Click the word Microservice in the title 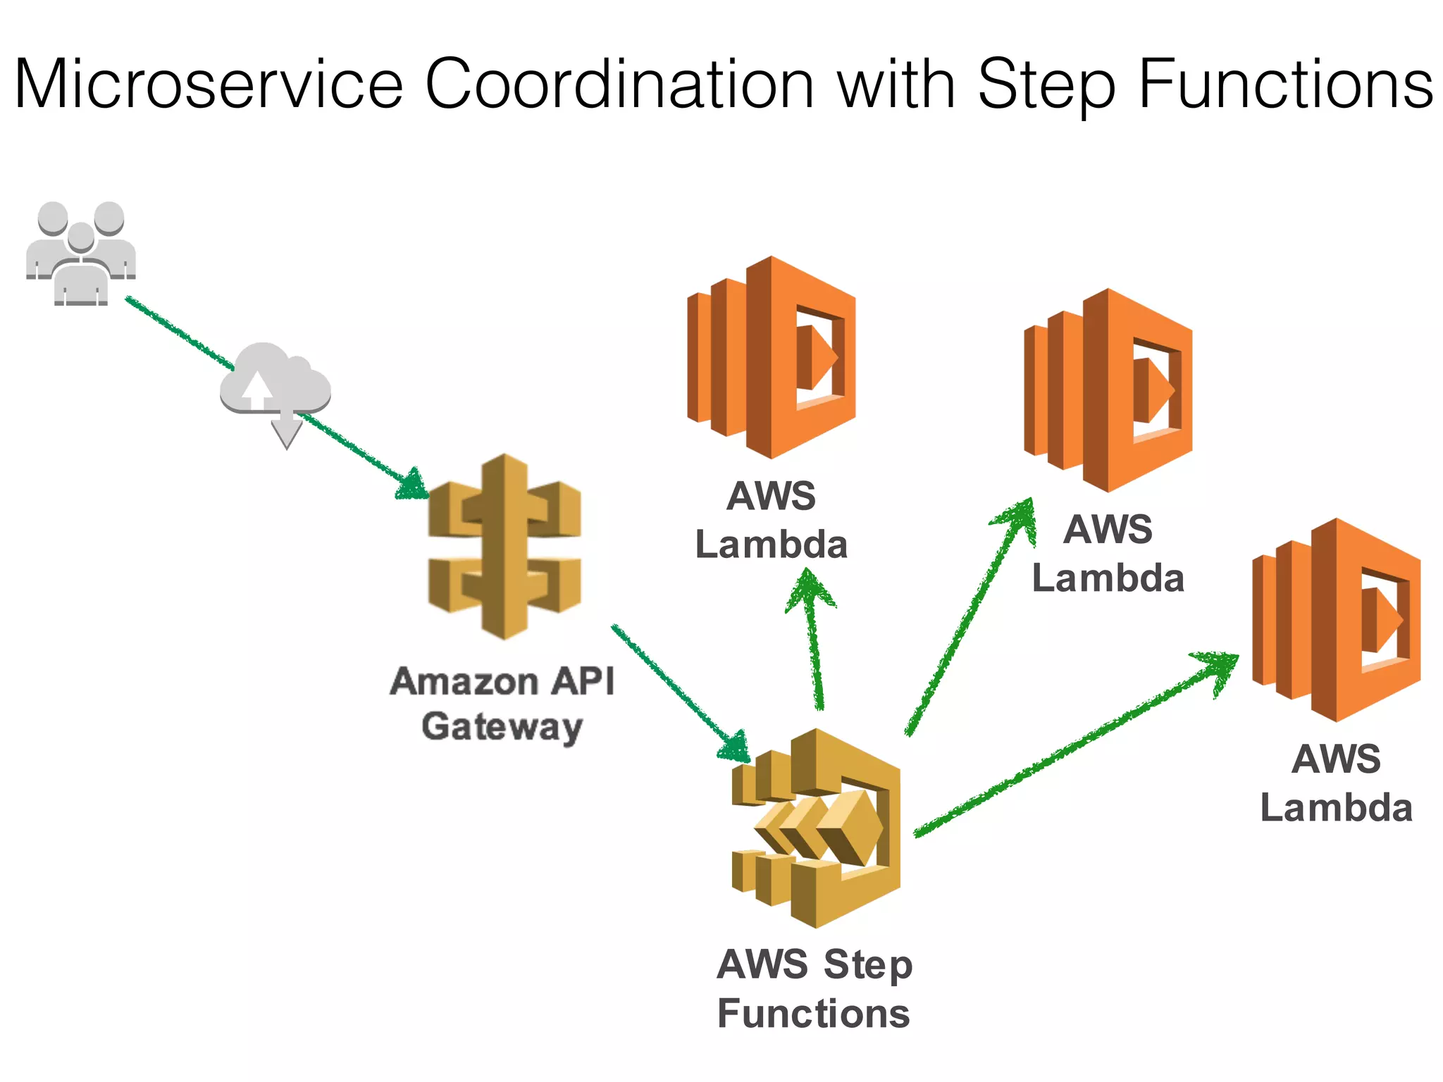(x=209, y=85)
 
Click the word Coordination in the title (x=620, y=85)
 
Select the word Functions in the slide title (x=1285, y=85)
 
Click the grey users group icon (x=81, y=254)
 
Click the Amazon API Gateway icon (x=504, y=547)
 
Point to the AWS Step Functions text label (x=815, y=989)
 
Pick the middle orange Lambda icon (x=1108, y=390)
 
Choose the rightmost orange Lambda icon (x=1336, y=620)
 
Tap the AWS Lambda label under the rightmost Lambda (x=1336, y=783)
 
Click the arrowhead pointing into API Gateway (x=412, y=485)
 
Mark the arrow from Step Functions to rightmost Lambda (x=1071, y=747)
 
